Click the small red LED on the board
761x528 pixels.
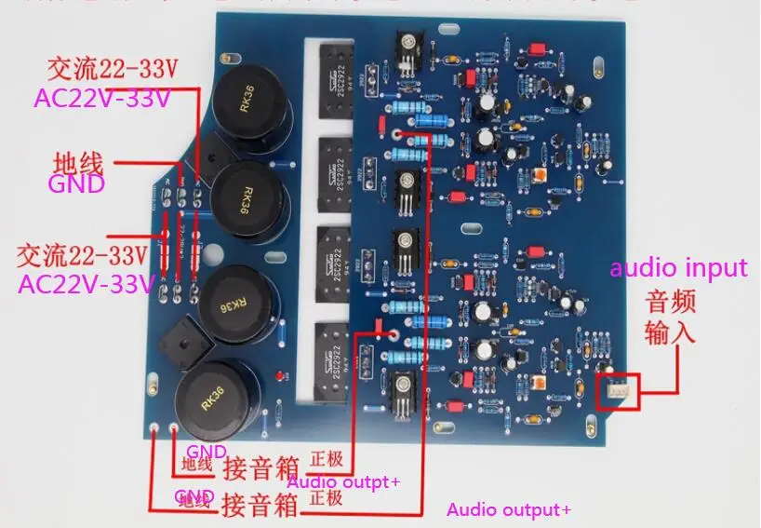[282, 376]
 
